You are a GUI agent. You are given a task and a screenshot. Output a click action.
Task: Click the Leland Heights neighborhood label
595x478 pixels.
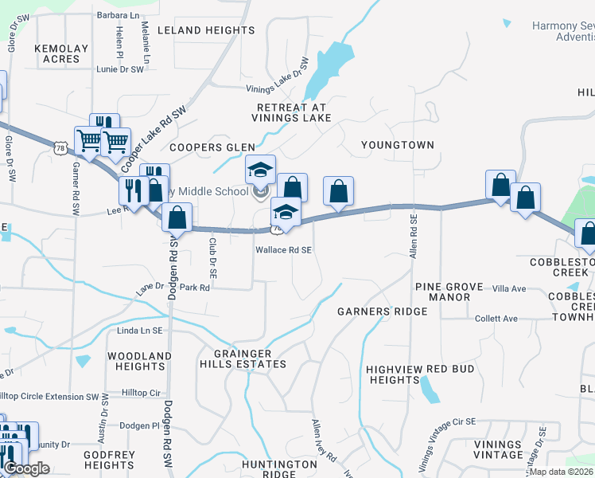pyautogui.click(x=206, y=30)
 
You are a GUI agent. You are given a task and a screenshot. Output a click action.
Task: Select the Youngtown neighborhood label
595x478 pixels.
pyautogui.click(x=398, y=145)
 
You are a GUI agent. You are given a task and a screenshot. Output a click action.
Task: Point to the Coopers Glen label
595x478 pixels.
pyautogui.click(x=212, y=147)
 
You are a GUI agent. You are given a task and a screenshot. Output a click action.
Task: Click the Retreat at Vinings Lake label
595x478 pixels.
pyautogui.click(x=293, y=112)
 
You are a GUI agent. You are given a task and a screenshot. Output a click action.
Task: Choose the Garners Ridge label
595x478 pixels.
pyautogui.click(x=382, y=311)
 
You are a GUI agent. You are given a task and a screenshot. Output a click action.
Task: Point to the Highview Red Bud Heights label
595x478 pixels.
pyautogui.click(x=420, y=375)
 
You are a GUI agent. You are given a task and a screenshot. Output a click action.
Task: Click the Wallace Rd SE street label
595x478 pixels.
pyautogui.click(x=283, y=249)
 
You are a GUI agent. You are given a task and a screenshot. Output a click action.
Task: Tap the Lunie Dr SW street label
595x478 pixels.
pyautogui.click(x=120, y=70)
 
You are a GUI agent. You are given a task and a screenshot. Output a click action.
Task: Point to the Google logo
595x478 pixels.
pyautogui.click(x=26, y=468)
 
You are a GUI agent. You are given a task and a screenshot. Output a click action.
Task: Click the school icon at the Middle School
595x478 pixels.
pyautogui.click(x=260, y=170)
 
